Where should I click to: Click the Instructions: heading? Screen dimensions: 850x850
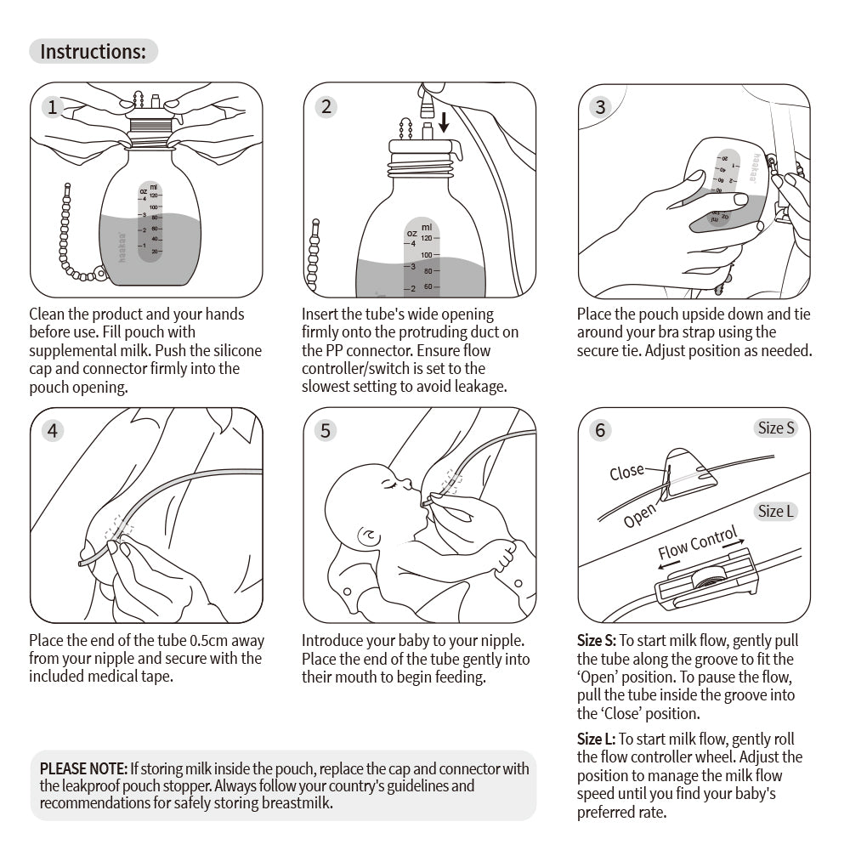[x=93, y=51]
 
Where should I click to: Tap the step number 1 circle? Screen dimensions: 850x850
[x=53, y=107]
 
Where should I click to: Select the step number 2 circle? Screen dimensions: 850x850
[x=326, y=107]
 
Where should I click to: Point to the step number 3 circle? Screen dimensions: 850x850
[x=601, y=107]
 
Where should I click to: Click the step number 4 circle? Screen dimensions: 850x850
[x=53, y=430]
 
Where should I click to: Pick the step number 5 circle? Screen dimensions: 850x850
[x=326, y=430]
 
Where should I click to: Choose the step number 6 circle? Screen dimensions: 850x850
[x=601, y=430]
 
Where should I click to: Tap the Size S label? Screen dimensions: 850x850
[x=775, y=428]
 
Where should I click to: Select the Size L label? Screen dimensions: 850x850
[x=775, y=511]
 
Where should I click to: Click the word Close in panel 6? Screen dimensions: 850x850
[x=626, y=472]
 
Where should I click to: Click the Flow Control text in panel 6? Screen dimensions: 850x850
[x=697, y=545]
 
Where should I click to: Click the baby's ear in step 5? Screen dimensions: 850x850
[x=371, y=537]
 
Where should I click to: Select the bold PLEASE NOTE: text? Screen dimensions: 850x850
[x=84, y=768]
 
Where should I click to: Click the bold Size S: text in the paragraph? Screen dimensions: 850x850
[x=597, y=641]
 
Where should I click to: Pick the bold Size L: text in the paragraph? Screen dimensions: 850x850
[x=596, y=739]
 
